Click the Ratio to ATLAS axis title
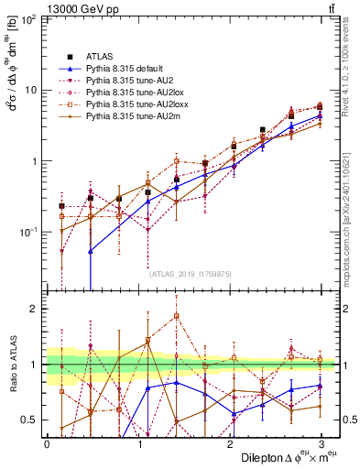pos(12,366)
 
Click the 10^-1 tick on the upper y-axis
pos(27,233)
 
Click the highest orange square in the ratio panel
pos(176,316)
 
